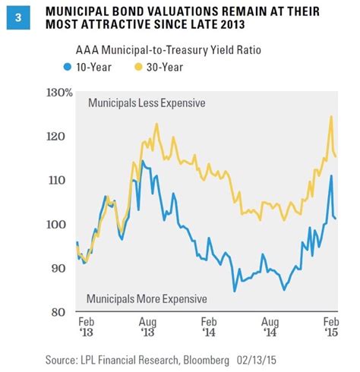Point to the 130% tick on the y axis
tap(60, 93)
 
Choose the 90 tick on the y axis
tap(65, 268)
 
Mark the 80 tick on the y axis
tap(65, 312)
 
